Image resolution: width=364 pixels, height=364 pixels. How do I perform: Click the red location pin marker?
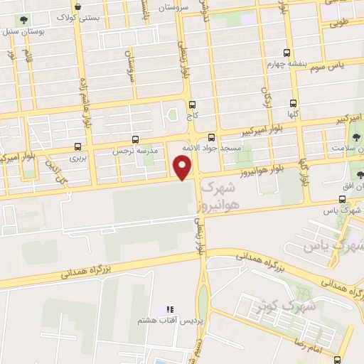point(184,168)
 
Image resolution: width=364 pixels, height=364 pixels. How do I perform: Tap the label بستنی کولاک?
point(73,16)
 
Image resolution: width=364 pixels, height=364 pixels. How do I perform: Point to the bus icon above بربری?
point(77,146)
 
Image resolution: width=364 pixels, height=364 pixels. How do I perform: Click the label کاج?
point(193,114)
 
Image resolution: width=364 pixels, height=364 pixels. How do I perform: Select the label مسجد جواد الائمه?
point(211,148)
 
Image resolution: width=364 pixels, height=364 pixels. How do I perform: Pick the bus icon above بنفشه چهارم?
point(287,53)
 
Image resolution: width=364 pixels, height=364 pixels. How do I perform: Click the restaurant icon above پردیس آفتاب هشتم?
point(169,310)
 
